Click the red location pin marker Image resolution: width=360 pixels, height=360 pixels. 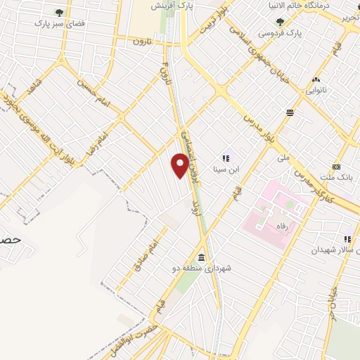tap(181, 167)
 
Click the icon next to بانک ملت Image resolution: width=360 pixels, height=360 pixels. tap(337, 167)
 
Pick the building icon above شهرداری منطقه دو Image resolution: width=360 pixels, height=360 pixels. tap(202, 257)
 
